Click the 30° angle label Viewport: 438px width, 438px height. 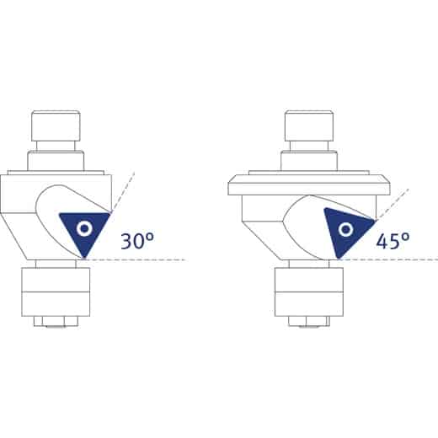pos(137,241)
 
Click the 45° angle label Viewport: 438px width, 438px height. pos(393,241)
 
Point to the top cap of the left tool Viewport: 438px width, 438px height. pos(56,126)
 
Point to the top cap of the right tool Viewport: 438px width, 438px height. pos(309,126)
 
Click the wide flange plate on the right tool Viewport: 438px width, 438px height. pos(309,184)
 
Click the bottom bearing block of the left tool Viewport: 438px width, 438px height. pos(56,292)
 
